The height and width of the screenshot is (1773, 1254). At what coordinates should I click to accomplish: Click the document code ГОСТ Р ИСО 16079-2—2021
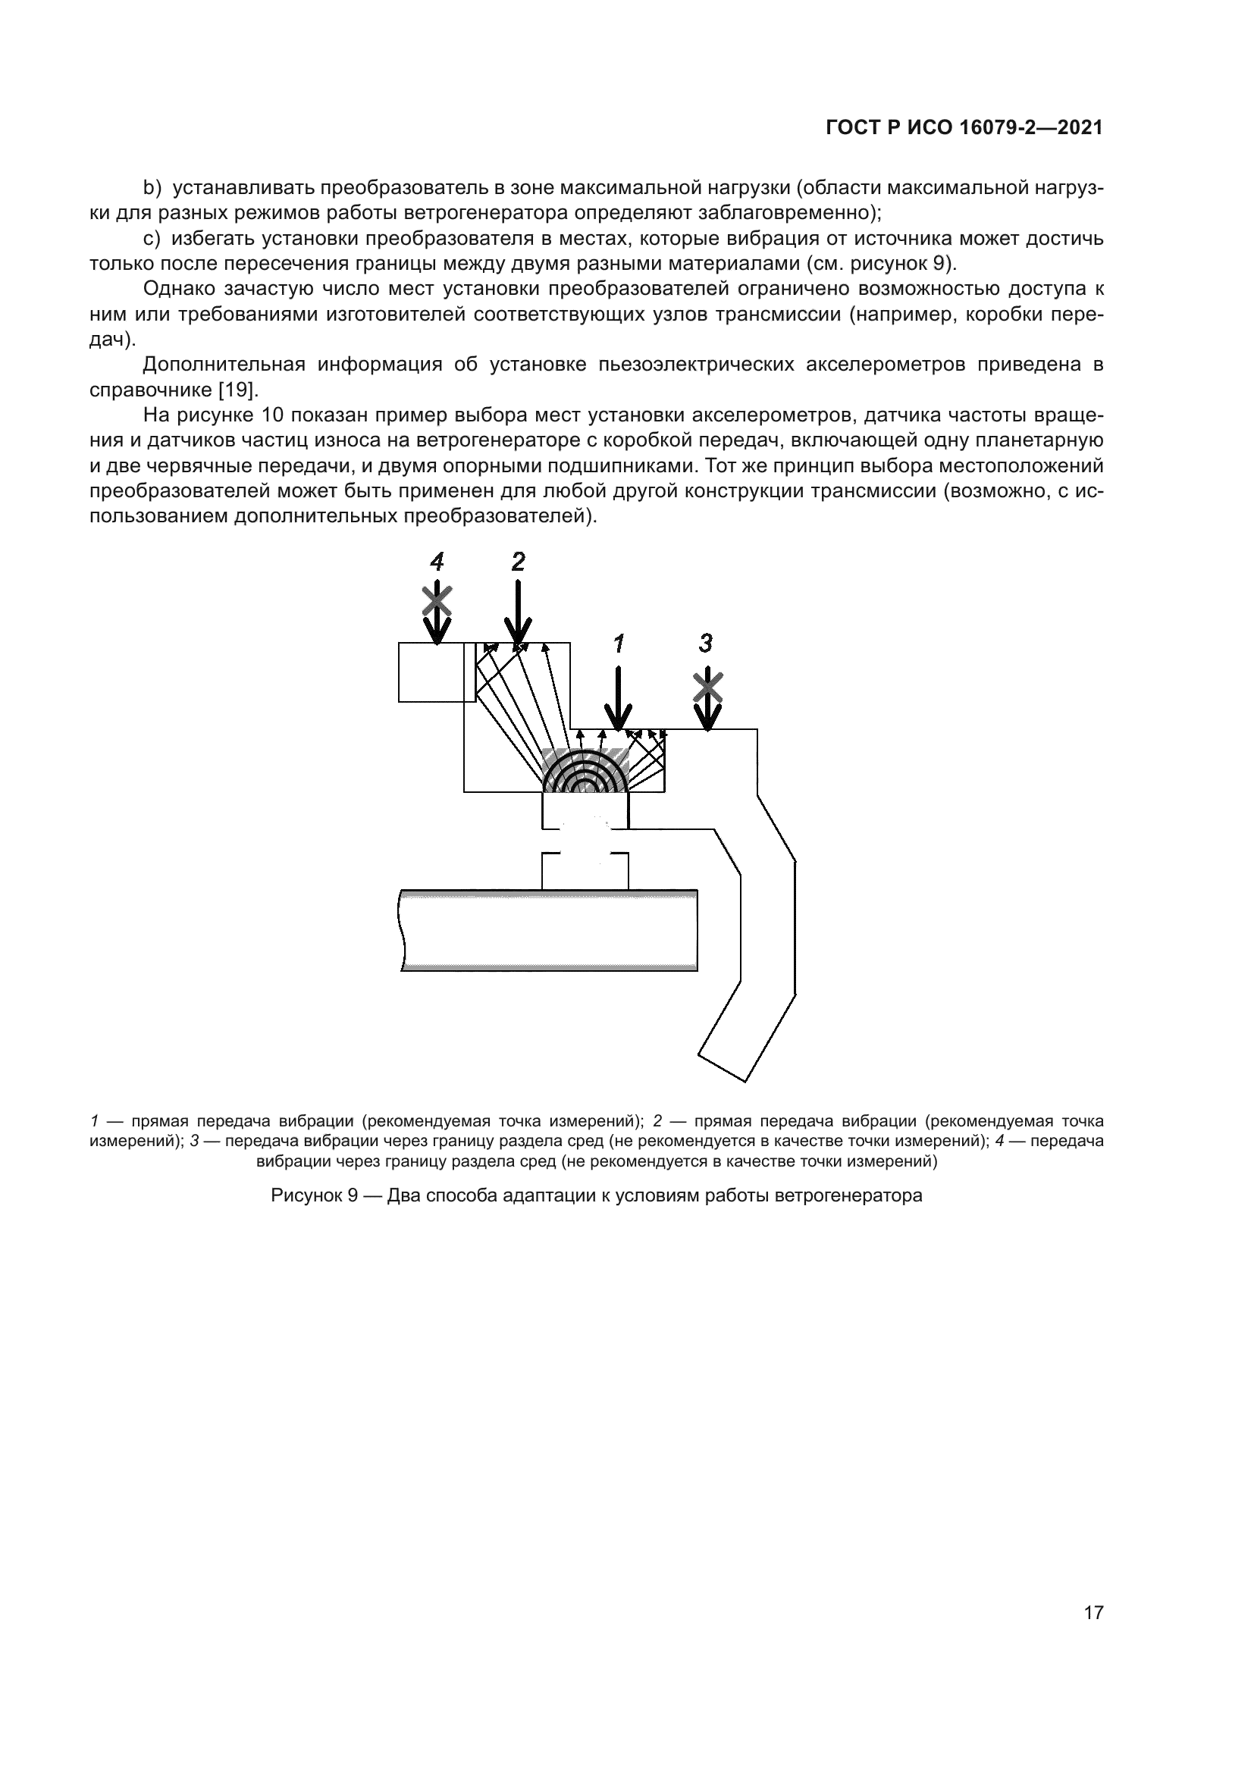[964, 128]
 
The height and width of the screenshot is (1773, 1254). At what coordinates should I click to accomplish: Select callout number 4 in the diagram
[437, 562]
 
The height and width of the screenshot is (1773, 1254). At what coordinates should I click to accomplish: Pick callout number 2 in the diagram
[518, 562]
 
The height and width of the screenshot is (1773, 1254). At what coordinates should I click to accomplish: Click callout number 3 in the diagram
[706, 643]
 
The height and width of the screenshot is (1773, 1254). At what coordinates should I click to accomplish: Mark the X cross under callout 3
[707, 687]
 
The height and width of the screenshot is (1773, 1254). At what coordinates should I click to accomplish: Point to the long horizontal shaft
[548, 930]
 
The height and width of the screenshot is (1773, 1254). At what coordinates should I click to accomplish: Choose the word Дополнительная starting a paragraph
[224, 365]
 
